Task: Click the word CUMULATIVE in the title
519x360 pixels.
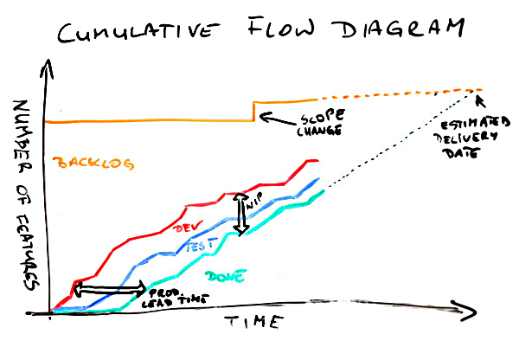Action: coord(138,31)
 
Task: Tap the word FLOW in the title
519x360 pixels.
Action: coord(281,26)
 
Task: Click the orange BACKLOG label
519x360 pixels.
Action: coord(93,164)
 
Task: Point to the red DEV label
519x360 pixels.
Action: coord(188,227)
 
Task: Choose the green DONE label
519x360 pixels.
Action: coord(226,276)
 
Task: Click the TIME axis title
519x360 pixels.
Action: coord(253,321)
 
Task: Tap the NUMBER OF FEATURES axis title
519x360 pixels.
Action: coord(25,195)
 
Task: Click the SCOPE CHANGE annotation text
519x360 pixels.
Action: coord(320,123)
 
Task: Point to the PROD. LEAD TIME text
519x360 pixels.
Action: coord(174,297)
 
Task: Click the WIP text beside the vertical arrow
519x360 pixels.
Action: coord(254,202)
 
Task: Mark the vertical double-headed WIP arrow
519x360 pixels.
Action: coord(240,214)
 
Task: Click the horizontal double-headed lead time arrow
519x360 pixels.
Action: coord(110,289)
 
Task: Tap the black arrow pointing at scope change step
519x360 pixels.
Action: coord(278,119)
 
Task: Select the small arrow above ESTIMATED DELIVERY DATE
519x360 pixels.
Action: coord(480,100)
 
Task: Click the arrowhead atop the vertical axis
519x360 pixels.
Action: coord(47,68)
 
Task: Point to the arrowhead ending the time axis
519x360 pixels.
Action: coord(465,311)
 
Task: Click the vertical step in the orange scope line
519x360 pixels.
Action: coord(253,112)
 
